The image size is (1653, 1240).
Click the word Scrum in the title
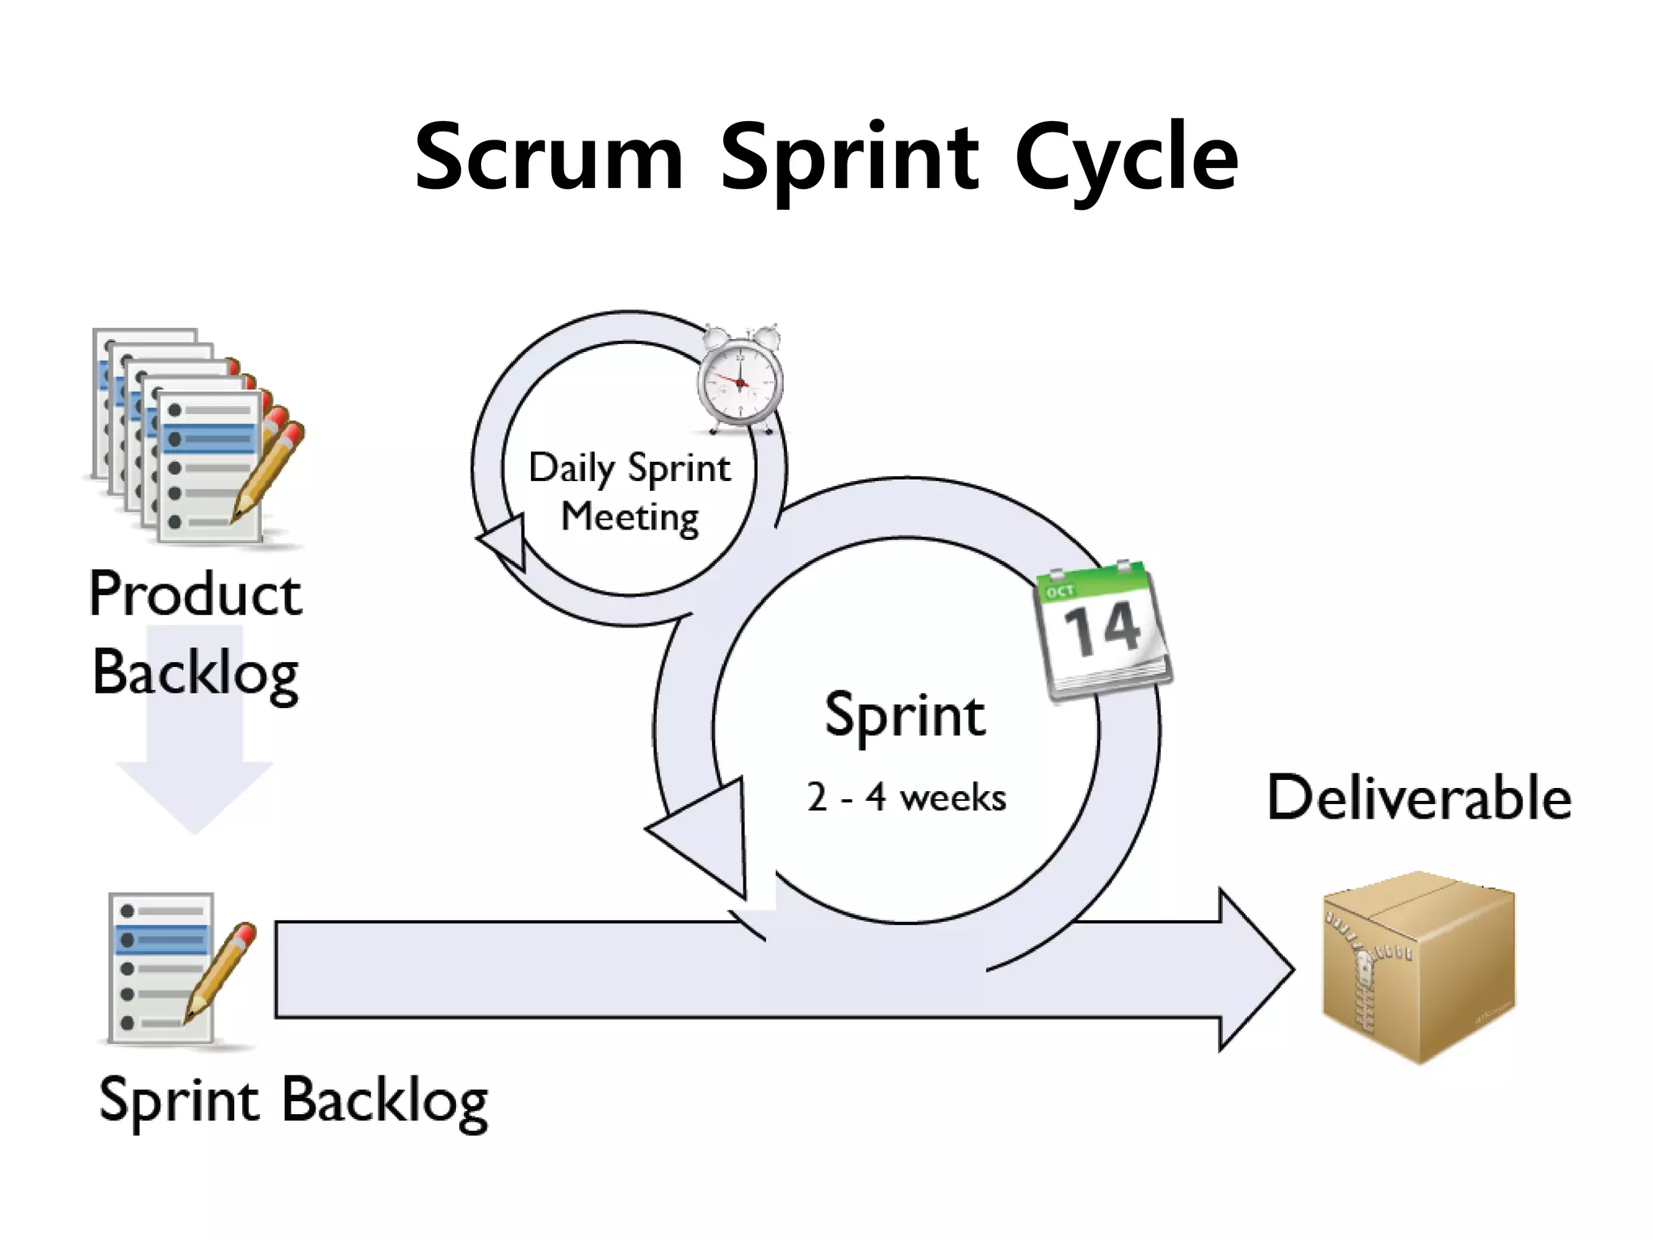click(x=549, y=157)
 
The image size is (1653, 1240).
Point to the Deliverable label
click(x=1419, y=798)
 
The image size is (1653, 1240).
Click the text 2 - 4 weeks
click(x=906, y=798)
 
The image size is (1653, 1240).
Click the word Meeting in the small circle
click(x=630, y=517)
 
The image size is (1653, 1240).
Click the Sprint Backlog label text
click(x=293, y=1101)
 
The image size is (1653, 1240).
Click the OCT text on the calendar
click(x=1060, y=592)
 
